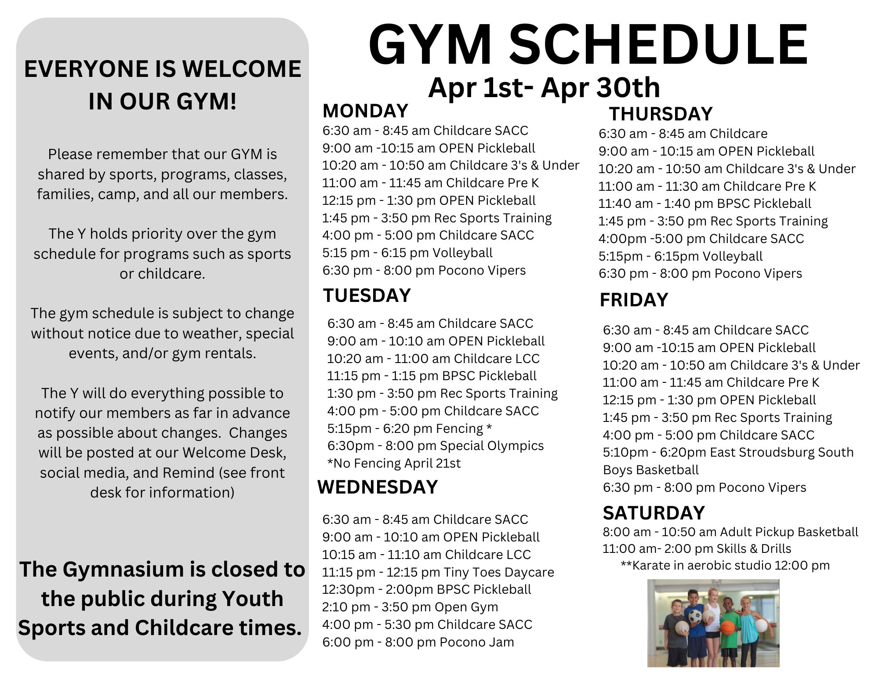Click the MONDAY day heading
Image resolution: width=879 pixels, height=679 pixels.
[365, 111]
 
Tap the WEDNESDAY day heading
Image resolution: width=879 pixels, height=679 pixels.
[378, 487]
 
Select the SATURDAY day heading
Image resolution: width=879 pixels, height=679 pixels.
[654, 513]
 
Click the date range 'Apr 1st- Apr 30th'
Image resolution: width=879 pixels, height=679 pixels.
[544, 87]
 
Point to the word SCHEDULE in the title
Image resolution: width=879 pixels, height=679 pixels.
[658, 45]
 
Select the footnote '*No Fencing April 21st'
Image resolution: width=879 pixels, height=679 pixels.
[394, 463]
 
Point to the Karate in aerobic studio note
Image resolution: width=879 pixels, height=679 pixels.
[725, 565]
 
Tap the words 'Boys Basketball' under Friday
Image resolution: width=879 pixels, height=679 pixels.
[650, 470]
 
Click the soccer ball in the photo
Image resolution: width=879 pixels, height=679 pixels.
[695, 616]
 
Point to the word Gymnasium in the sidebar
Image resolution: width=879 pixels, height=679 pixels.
[123, 570]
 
